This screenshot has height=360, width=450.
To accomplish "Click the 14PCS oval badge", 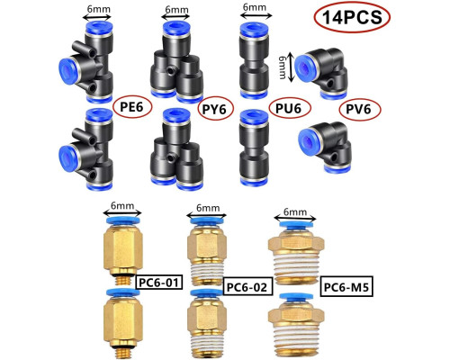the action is pyautogui.click(x=352, y=16).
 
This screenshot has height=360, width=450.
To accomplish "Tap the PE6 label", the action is pyautogui.click(x=132, y=106).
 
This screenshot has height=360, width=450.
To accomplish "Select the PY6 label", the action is pyautogui.click(x=215, y=109).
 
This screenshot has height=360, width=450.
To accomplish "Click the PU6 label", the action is pyautogui.click(x=289, y=108).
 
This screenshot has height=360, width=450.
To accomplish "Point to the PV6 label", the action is pyautogui.click(x=360, y=109).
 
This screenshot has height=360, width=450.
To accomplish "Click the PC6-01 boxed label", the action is pyautogui.click(x=159, y=282).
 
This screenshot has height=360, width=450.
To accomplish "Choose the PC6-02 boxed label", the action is pyautogui.click(x=247, y=287).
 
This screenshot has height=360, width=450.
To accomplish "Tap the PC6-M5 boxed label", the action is pyautogui.click(x=346, y=286).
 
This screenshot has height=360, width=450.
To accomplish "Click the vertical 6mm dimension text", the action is pyautogui.click(x=283, y=67).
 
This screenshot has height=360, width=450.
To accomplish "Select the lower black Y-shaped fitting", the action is pyautogui.click(x=177, y=149).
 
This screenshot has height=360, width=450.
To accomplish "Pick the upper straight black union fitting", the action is pyautogui.click(x=254, y=60).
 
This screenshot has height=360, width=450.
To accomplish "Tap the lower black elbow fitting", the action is pyautogui.click(x=326, y=147).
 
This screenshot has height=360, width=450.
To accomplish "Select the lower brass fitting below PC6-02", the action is pyautogui.click(x=207, y=322).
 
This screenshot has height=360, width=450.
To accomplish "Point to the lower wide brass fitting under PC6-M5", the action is pyautogui.click(x=296, y=326).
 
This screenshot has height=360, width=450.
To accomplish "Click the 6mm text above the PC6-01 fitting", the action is pyautogui.click(x=122, y=206).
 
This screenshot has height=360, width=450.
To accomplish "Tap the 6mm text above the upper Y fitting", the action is pyautogui.click(x=176, y=10).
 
